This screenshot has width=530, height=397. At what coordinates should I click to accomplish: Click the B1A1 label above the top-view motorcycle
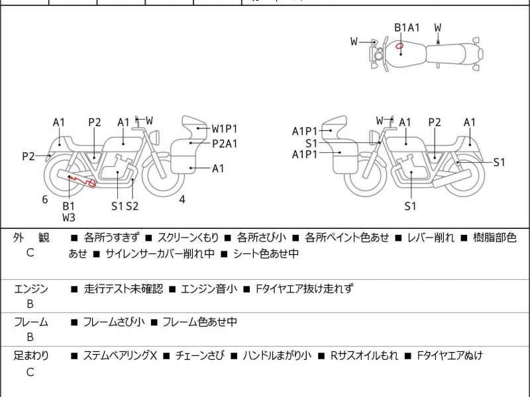click(x=407, y=27)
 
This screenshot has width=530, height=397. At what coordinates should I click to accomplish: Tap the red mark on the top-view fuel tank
click(x=399, y=46)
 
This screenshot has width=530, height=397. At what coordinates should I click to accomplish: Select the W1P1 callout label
click(x=225, y=128)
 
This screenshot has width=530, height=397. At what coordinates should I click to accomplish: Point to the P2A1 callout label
click(x=225, y=143)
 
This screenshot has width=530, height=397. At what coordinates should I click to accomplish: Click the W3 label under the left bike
click(x=69, y=216)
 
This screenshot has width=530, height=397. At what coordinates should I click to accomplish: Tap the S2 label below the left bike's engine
click(x=132, y=206)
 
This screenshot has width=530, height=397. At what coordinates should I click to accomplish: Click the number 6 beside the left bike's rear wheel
click(x=45, y=199)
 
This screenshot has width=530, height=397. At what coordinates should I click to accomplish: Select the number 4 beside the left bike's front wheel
click(x=182, y=199)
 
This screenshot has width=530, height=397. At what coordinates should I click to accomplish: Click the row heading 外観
click(x=31, y=238)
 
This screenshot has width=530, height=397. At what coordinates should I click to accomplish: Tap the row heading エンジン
click(x=31, y=288)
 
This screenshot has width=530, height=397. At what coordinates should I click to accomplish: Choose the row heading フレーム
click(x=31, y=322)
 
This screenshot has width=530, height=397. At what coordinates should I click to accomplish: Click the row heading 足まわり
click(x=31, y=356)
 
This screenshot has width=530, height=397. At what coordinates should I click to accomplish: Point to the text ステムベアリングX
click(x=119, y=356)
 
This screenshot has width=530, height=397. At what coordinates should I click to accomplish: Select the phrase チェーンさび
click(x=200, y=356)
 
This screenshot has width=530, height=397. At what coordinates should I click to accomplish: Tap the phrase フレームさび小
click(x=113, y=322)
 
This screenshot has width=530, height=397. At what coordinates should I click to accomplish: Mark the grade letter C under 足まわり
click(x=30, y=372)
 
